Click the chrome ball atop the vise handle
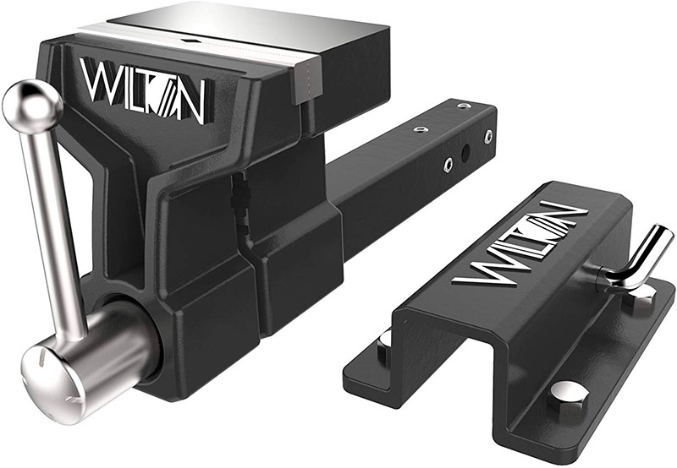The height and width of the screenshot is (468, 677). pos(32,106)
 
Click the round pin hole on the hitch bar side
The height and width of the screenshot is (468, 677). pos(465,152)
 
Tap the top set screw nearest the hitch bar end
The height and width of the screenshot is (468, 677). pos(463,106)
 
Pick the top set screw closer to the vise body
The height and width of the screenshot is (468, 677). pos(419,129)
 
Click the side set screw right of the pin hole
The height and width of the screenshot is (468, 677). pos(488,136)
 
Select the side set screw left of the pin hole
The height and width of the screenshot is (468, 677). pos(449,164)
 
